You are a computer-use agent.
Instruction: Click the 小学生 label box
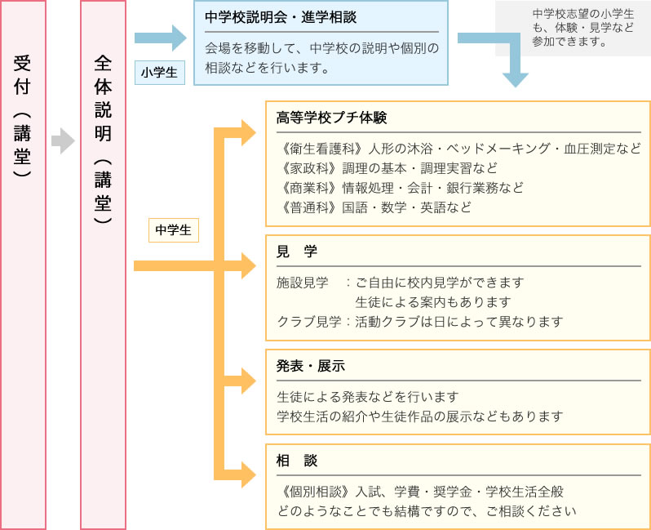click(x=160, y=73)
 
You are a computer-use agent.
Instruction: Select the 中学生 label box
click(x=174, y=229)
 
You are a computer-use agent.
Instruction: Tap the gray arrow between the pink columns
click(x=63, y=141)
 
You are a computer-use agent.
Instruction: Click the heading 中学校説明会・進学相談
click(x=281, y=17)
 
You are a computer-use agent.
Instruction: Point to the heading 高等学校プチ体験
click(x=331, y=118)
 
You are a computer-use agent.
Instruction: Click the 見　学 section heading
click(x=296, y=252)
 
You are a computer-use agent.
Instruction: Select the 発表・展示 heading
click(x=311, y=366)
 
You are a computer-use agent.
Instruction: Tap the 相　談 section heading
click(x=296, y=461)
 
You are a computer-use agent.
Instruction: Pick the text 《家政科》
click(x=309, y=168)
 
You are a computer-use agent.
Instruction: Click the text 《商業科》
click(x=309, y=188)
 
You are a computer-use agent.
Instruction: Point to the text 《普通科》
click(x=309, y=207)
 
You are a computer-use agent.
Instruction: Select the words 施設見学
click(x=302, y=283)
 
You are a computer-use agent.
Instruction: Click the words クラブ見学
click(x=309, y=322)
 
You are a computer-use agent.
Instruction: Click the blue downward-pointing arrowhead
click(x=516, y=79)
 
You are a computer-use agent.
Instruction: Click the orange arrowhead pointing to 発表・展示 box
click(x=248, y=381)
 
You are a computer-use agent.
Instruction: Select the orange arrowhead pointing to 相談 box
click(x=248, y=474)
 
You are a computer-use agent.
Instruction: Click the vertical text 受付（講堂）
click(x=22, y=116)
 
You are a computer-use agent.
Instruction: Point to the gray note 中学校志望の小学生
click(x=583, y=14)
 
